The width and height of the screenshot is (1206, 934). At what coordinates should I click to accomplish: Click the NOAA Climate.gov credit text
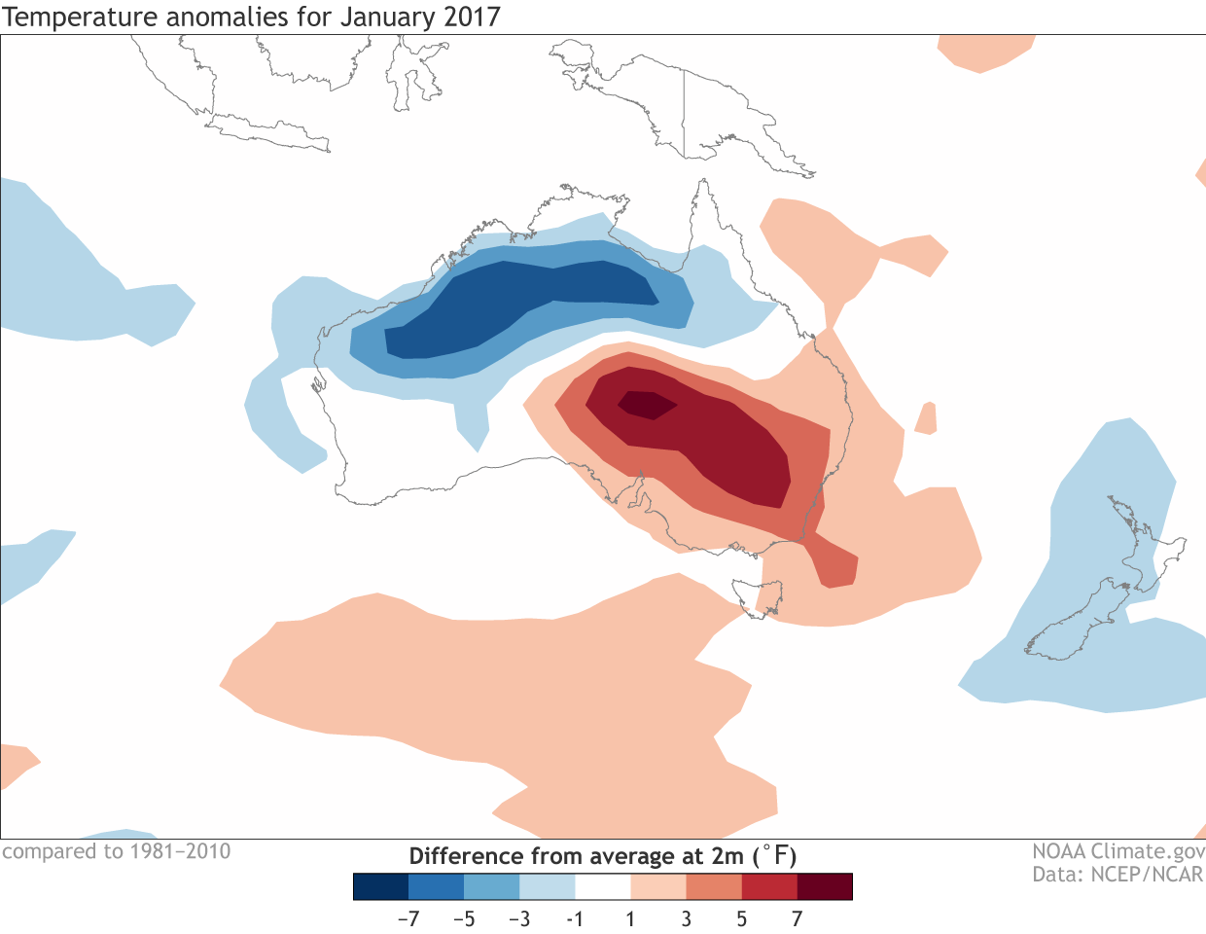1118,851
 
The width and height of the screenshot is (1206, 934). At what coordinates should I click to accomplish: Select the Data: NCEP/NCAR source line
1118,874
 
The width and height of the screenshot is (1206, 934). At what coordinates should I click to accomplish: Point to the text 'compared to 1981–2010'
117,851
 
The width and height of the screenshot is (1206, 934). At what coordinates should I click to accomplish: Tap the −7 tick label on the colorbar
408,918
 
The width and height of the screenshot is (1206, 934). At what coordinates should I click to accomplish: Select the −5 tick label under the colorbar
464,918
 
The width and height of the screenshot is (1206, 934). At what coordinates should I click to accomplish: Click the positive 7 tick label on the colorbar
798,918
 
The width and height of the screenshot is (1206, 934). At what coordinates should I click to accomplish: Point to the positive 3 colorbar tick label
687,918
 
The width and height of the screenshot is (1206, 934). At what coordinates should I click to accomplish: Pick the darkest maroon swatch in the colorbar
825,886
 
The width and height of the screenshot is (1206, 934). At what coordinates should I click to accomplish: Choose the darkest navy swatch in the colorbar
380,886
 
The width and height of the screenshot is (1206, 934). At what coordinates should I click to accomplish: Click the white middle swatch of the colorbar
603,886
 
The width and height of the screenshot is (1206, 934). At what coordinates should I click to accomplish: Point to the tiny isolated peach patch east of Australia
927,418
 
